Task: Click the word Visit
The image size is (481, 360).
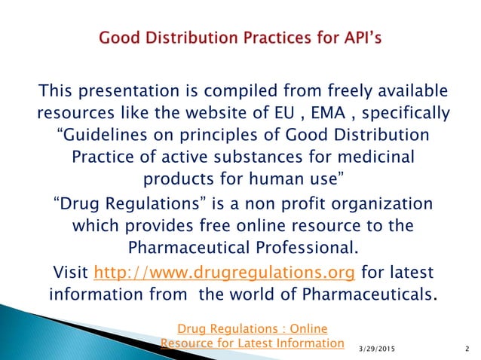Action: coord(68,270)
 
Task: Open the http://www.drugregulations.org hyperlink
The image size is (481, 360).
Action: coord(225,270)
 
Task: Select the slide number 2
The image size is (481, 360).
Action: coord(467,350)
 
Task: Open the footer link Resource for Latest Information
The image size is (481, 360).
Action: coord(252,343)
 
